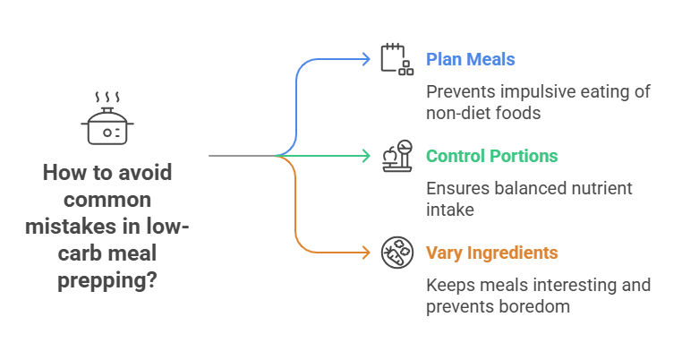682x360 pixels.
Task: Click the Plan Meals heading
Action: [x=470, y=60]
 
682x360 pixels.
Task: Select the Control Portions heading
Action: [x=491, y=157]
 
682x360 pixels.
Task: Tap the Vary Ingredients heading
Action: [x=491, y=253]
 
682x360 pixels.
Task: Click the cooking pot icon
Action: [x=107, y=127]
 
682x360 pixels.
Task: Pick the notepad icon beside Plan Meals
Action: [x=394, y=58]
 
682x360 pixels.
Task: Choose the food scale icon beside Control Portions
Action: [x=396, y=156]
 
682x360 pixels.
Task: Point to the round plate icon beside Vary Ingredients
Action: [x=395, y=253]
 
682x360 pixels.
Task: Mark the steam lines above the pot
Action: [x=107, y=96]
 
